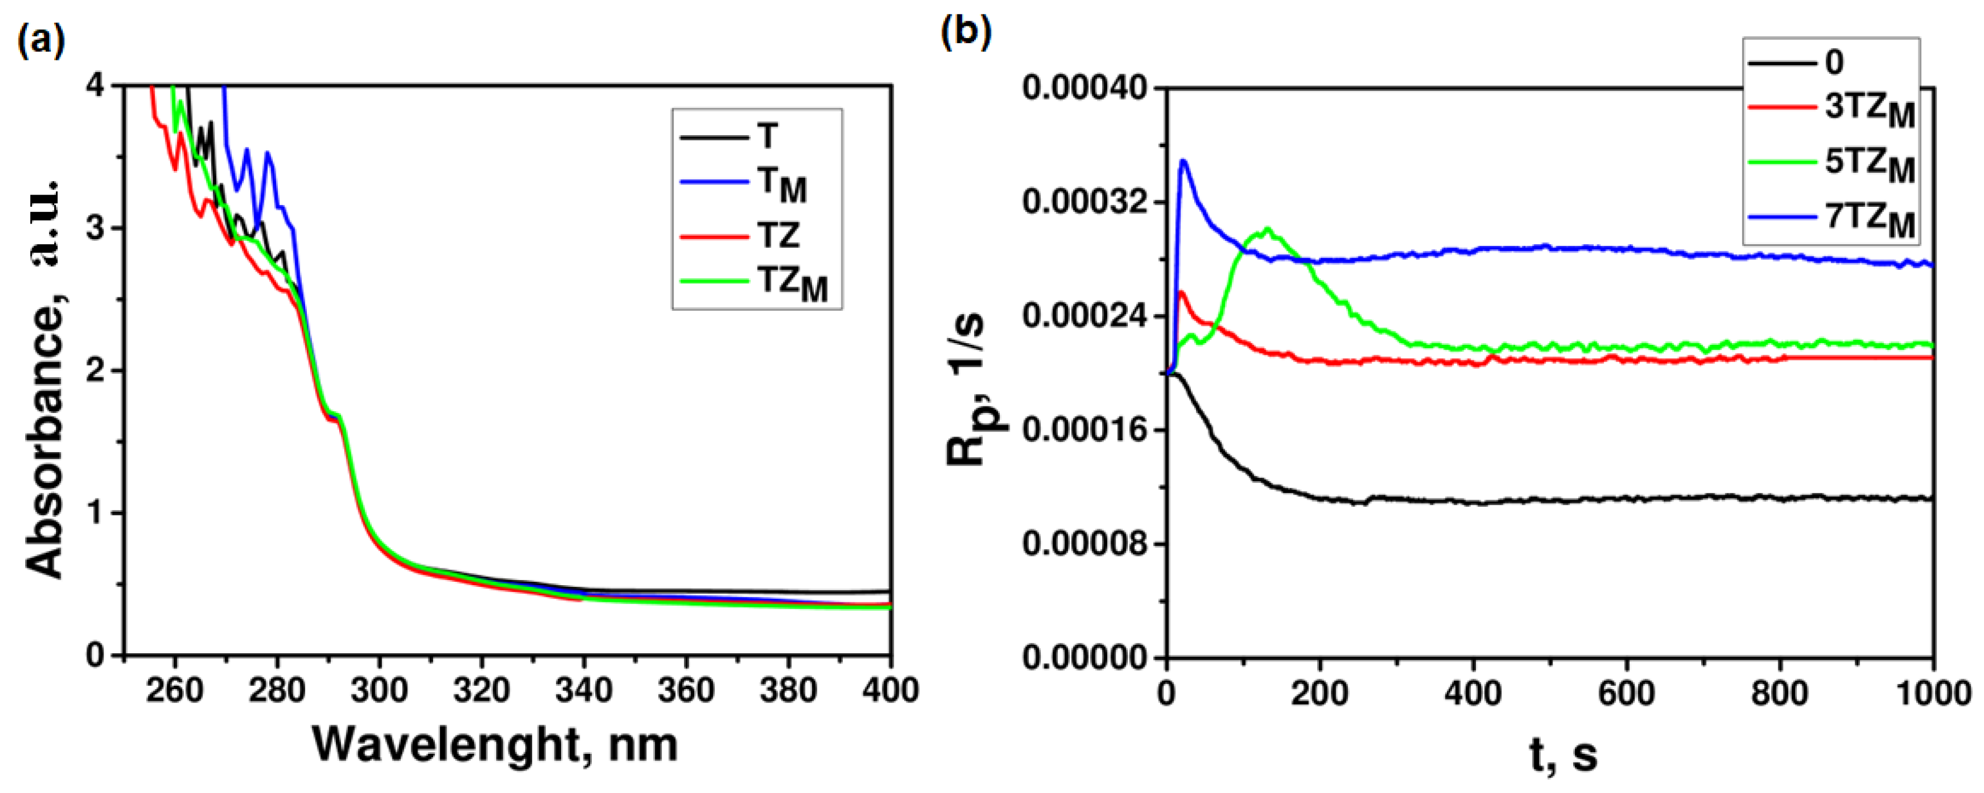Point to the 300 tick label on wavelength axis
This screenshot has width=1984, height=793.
click(379, 690)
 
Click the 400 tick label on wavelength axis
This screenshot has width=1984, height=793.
click(890, 690)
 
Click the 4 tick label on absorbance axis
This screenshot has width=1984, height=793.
click(96, 86)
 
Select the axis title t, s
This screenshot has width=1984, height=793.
click(1564, 756)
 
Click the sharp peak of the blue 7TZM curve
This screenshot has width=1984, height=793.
click(1184, 162)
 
